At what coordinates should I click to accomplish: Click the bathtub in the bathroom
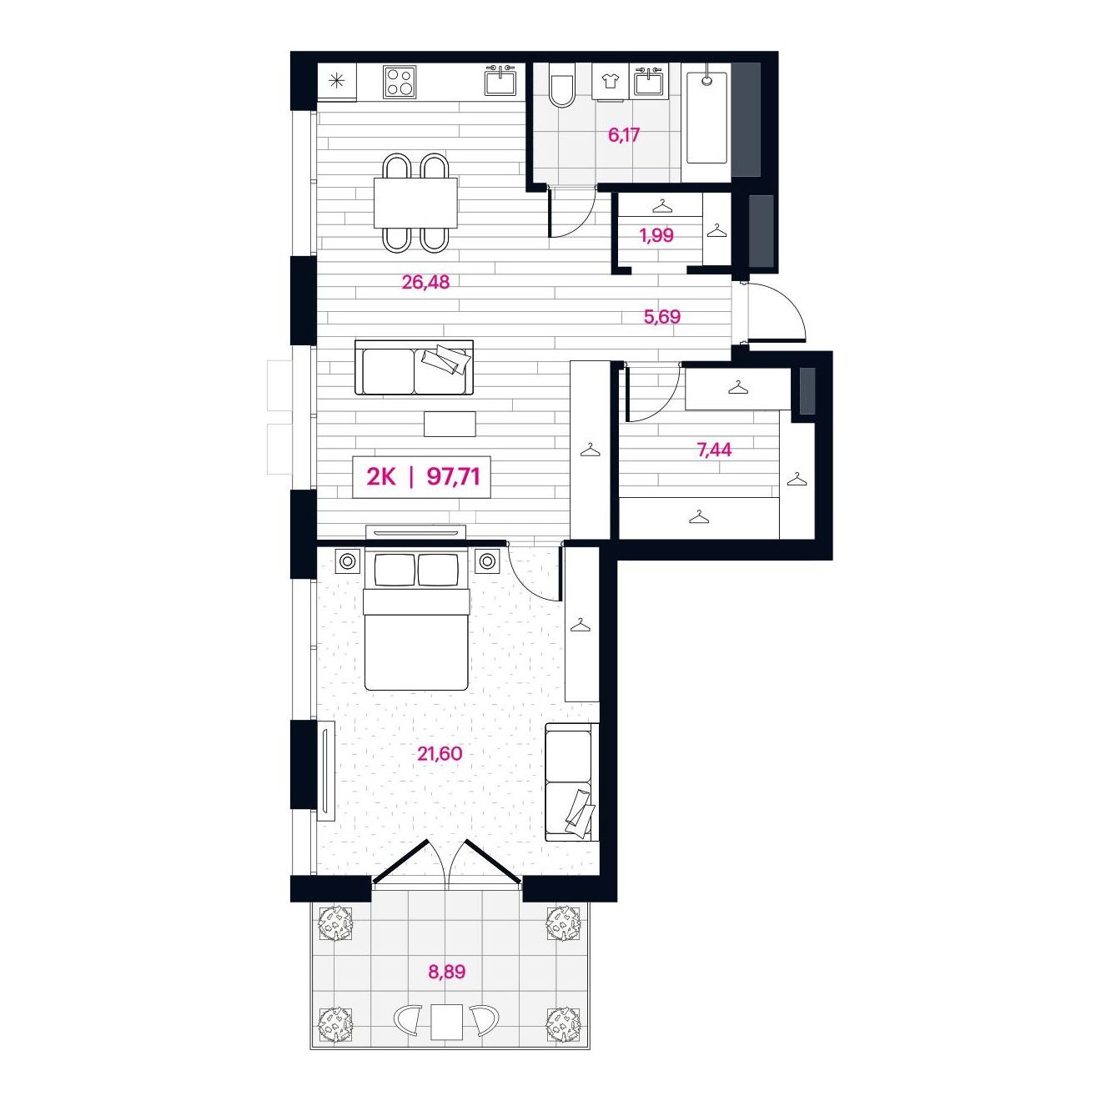(x=706, y=117)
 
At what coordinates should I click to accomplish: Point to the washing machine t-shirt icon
(x=610, y=82)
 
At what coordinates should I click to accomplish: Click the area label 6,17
(x=624, y=135)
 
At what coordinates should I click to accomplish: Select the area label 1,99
(x=656, y=235)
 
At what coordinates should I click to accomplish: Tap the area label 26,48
(x=425, y=282)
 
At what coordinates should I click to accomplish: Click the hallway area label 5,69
(x=662, y=316)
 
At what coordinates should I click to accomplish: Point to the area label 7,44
(x=714, y=450)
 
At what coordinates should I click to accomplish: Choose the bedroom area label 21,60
(x=440, y=754)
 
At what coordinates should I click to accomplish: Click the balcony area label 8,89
(x=447, y=972)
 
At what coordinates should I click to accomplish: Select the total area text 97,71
(x=454, y=476)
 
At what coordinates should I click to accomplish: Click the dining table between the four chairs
(x=416, y=202)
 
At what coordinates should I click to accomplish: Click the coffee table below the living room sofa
(x=450, y=424)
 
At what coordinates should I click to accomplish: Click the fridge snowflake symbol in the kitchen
(x=336, y=81)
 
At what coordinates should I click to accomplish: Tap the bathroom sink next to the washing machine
(x=649, y=81)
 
